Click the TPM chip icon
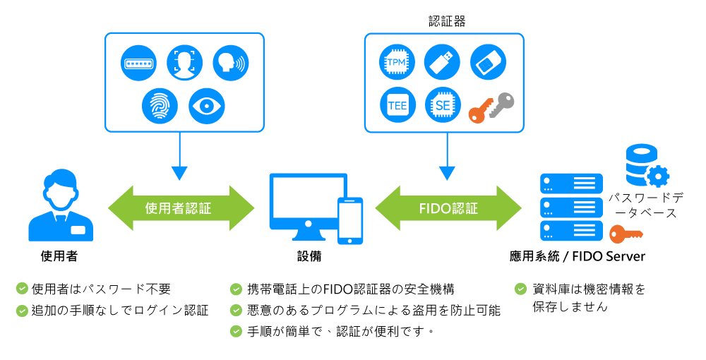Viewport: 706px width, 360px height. click(x=397, y=63)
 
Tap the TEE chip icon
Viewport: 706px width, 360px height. click(x=397, y=106)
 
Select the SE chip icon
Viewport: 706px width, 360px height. click(x=443, y=106)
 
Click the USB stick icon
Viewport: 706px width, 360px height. click(x=443, y=63)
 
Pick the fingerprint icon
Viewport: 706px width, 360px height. click(x=160, y=106)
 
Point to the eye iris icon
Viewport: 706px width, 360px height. click(x=207, y=106)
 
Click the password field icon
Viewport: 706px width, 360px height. click(x=138, y=63)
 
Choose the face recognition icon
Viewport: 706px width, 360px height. click(x=184, y=63)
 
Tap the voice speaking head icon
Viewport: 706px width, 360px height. click(x=231, y=63)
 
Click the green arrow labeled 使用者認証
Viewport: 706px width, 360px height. click(x=180, y=208)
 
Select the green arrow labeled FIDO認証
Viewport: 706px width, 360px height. click(x=448, y=208)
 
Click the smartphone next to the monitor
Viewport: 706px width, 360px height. click(x=350, y=220)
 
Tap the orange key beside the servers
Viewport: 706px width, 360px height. click(x=626, y=233)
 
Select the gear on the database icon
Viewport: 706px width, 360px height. click(x=658, y=175)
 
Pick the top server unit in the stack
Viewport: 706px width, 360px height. click(x=571, y=184)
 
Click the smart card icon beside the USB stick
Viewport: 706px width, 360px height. click(x=488, y=63)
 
